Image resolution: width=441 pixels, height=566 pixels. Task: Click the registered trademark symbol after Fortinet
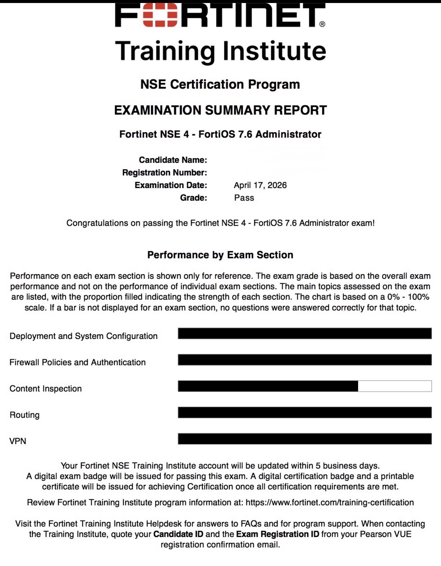322,24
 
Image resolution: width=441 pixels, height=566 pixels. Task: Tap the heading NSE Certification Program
220,84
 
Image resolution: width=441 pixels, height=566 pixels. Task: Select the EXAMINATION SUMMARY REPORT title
220,110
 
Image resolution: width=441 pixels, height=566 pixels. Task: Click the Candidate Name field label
173,160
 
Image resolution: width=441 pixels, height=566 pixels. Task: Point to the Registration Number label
164,173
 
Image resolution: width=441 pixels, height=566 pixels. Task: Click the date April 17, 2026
260,185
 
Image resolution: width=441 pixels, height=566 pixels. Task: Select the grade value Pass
244,198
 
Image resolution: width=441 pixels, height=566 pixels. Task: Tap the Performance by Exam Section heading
220,255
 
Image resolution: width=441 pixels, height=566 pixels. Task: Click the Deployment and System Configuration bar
305,334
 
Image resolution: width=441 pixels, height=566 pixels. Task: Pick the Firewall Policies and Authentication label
78,362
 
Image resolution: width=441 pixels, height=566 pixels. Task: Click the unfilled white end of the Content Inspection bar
395,386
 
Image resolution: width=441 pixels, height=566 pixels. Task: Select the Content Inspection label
46,389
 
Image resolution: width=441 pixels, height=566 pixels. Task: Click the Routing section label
24,415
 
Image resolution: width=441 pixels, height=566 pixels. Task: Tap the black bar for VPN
305,439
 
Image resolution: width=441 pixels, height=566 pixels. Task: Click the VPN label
18,441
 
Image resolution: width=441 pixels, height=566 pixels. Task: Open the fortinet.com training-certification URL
330,503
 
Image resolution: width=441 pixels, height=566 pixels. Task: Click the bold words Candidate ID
178,534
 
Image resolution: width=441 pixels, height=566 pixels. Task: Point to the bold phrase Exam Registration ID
278,534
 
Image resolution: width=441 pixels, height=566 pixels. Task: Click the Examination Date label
171,185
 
